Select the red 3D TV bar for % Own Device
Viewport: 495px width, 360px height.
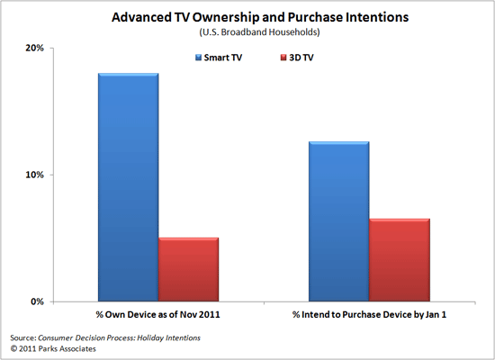pos(188,269)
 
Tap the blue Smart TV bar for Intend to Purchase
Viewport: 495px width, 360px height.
pos(337,221)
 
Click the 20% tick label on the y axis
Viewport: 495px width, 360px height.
pos(33,48)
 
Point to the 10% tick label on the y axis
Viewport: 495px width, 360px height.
pos(33,175)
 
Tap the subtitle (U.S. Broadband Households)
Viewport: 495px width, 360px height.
pos(247,32)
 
